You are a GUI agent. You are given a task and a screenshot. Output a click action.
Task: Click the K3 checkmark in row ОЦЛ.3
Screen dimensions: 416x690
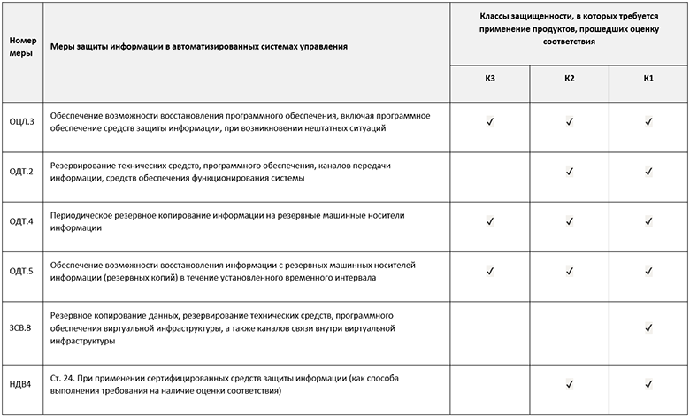pos(490,121)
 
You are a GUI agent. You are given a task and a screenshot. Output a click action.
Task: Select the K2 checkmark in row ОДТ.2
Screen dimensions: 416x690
pos(570,172)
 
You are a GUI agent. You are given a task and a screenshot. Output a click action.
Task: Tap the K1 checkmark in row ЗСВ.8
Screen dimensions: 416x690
pos(648,327)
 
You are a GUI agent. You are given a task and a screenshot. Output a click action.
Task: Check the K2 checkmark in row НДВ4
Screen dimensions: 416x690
pos(570,383)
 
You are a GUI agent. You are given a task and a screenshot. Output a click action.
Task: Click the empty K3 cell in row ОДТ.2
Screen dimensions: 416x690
pos(490,172)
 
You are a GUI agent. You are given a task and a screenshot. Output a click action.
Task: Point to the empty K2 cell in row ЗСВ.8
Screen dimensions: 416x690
pos(570,327)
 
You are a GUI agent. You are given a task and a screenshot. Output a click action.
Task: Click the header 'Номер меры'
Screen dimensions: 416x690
pos(21,46)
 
